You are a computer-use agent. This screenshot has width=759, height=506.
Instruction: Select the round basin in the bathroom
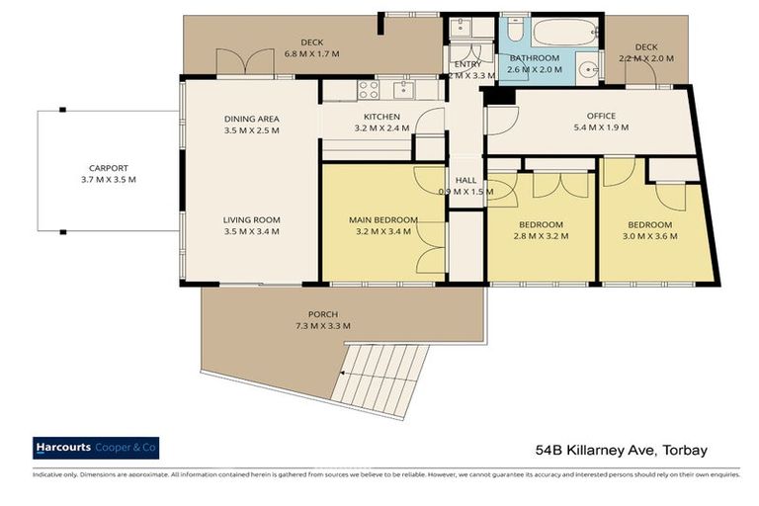point(587,69)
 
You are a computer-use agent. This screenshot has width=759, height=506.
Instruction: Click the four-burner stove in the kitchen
point(368,90)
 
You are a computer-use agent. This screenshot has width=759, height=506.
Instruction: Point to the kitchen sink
point(404,90)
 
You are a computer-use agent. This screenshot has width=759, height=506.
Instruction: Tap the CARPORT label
point(108,168)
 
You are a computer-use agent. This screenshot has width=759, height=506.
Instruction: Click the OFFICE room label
point(601,116)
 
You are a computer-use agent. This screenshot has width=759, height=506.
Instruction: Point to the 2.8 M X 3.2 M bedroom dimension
point(541,237)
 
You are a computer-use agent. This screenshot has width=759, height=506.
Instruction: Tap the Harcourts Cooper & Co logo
point(96,448)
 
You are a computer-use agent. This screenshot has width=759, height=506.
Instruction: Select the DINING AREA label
point(251,119)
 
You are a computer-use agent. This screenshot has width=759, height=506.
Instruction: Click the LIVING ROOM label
point(251,219)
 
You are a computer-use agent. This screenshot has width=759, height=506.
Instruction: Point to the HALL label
point(465,180)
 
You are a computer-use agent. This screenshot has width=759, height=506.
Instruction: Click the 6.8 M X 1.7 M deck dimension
point(312,54)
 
